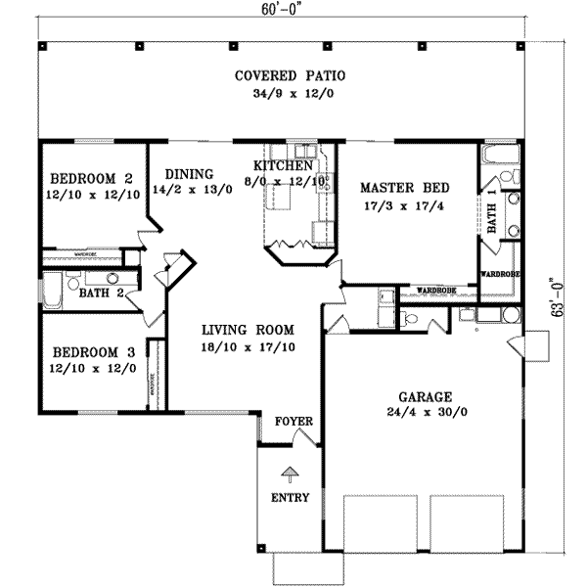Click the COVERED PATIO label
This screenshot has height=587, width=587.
pos(290,75)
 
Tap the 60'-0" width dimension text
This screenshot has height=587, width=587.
pos(277,11)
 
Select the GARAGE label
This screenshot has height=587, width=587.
pos(425,397)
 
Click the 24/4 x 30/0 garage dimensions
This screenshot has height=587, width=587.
pos(425,415)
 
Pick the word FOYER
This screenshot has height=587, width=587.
pos(293,422)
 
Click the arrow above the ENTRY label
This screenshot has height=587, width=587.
pos(290,475)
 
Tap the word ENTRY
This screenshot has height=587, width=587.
pos(290,498)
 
